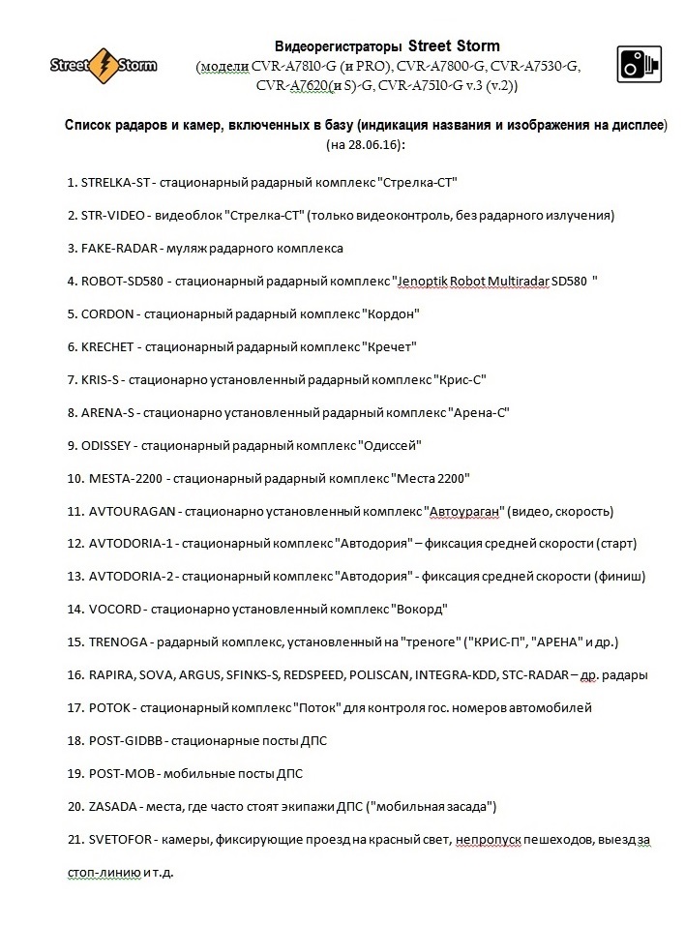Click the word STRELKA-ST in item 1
click(115, 183)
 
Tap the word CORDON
click(106, 314)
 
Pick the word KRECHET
click(108, 346)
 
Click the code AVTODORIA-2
click(131, 577)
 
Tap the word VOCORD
click(115, 610)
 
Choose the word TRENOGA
click(117, 642)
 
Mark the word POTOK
click(107, 707)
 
